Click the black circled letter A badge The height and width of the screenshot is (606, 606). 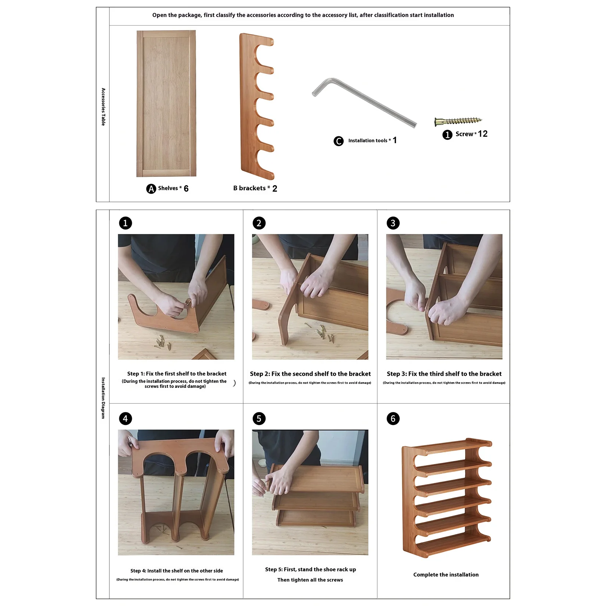151,189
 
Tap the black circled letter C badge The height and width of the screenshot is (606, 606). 339,141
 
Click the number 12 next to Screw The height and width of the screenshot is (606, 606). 483,134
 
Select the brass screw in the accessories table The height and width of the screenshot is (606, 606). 458,121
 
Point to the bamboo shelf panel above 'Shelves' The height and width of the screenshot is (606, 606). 166,103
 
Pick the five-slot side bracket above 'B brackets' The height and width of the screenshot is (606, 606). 256,106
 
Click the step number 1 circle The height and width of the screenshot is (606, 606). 125,223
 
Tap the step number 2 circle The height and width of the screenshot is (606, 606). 259,223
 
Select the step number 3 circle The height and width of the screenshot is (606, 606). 393,223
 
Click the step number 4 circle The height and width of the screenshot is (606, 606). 125,419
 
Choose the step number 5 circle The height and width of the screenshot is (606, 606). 259,419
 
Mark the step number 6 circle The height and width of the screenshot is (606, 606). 393,419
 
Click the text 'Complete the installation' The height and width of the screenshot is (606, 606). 446,575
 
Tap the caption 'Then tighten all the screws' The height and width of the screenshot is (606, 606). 310,580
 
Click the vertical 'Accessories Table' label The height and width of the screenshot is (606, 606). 103,107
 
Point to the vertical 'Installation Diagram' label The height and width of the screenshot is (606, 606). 103,398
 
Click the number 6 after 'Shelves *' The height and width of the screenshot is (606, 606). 186,189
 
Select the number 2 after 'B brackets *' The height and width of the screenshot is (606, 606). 275,189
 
